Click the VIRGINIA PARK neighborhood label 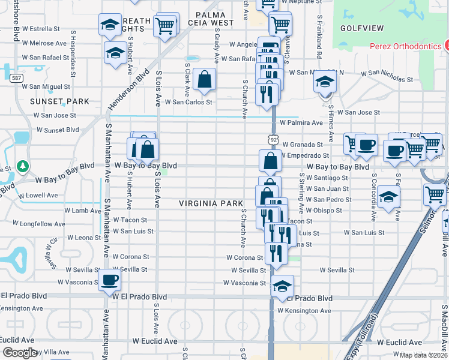pyautogui.click(x=211, y=203)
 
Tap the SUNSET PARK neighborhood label pyautogui.click(x=59, y=101)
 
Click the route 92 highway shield pyautogui.click(x=274, y=139)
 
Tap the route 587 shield pyautogui.click(x=16, y=77)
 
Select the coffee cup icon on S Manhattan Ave pyautogui.click(x=109, y=280)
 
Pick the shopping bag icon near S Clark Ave pyautogui.click(x=205, y=79)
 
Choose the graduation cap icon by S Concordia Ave pyautogui.click(x=389, y=197)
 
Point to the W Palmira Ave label pyautogui.click(x=301, y=123)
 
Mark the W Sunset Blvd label pyautogui.click(x=57, y=129)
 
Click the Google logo pyautogui.click(x=20, y=353)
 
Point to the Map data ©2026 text pyautogui.click(x=423, y=355)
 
